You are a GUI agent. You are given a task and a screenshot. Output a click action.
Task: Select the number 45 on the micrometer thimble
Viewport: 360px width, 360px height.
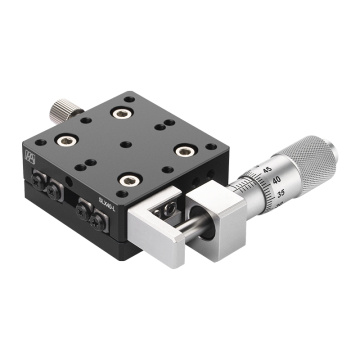pos(267,171)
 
